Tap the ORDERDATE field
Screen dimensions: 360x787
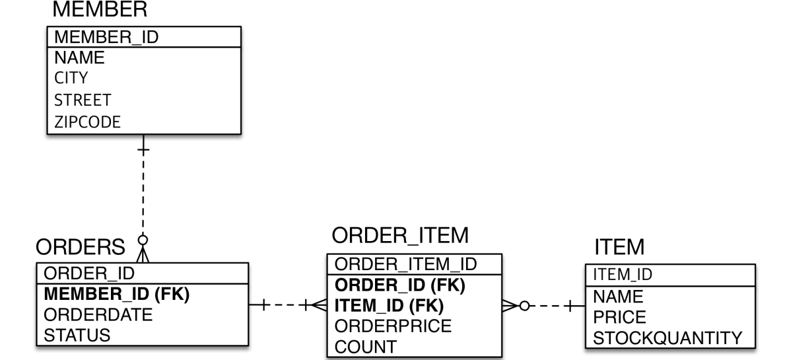pyautogui.click(x=98, y=314)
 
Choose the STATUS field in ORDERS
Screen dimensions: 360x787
pyautogui.click(x=77, y=335)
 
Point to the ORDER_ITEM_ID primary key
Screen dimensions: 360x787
pyautogui.click(x=405, y=264)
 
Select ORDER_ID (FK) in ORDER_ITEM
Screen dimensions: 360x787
pyautogui.click(x=400, y=285)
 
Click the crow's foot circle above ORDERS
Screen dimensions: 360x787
pyautogui.click(x=142, y=240)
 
